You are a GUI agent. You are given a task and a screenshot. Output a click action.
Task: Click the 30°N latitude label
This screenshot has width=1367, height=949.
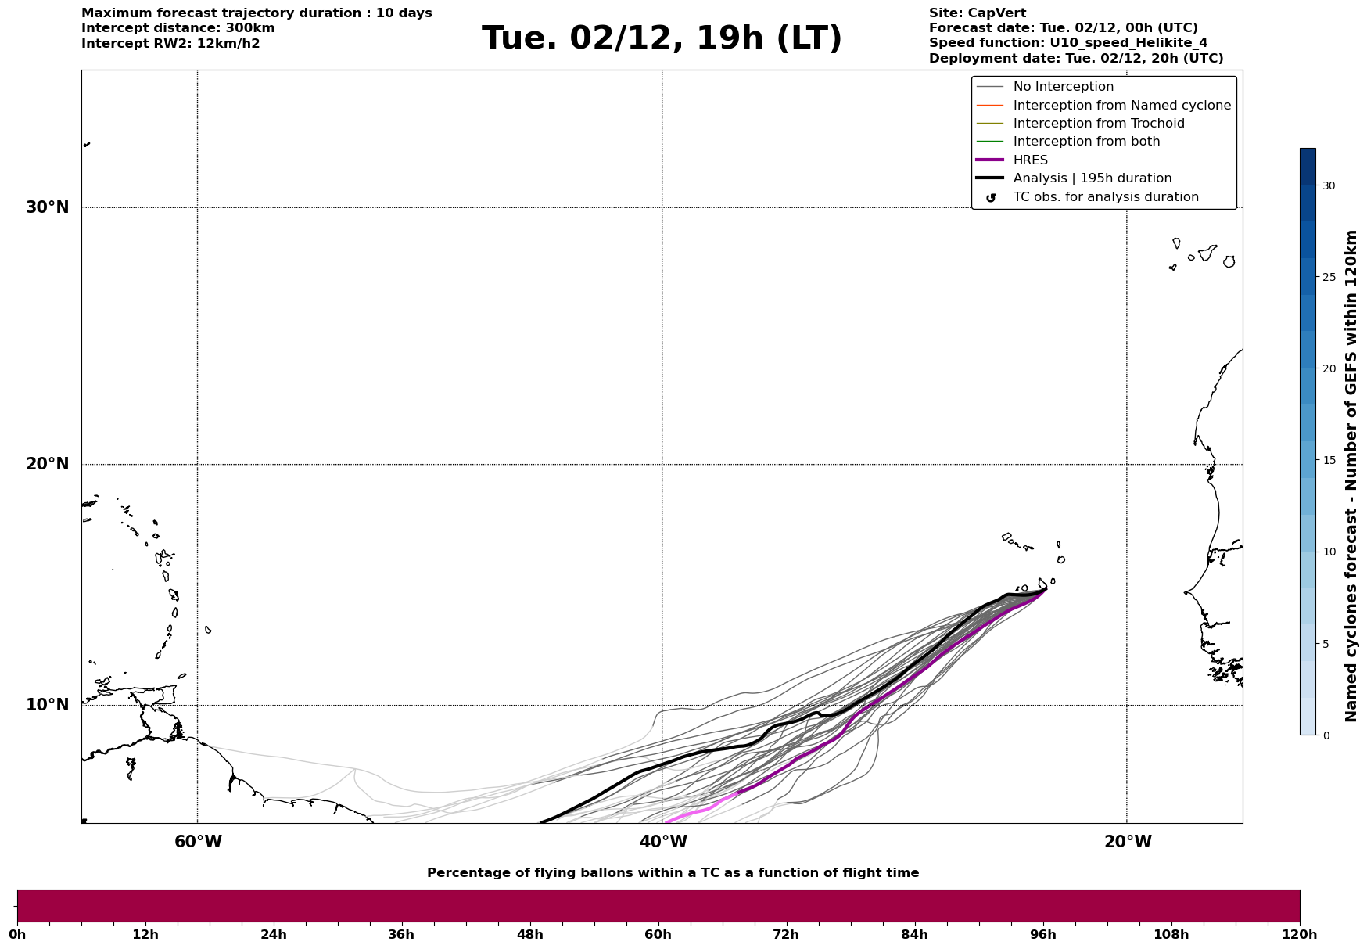[48, 207]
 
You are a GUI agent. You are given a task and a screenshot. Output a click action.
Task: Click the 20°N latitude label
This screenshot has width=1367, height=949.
[48, 464]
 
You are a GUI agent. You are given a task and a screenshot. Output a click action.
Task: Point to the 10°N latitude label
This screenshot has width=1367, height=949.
[48, 705]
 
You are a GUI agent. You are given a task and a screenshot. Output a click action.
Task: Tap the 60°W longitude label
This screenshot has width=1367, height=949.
[198, 842]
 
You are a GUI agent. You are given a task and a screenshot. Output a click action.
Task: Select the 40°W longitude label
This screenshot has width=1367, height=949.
[663, 842]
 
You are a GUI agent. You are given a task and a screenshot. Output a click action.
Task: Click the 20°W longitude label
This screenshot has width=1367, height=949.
[1128, 842]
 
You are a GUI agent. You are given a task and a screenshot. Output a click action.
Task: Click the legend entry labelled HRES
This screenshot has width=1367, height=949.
[1030, 160]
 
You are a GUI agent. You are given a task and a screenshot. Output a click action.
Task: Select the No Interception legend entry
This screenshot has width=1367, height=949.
[1063, 87]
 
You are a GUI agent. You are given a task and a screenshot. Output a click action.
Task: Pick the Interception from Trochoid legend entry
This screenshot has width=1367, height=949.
[1098, 124]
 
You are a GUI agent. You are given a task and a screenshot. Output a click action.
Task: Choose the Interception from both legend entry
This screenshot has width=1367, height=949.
[1086, 142]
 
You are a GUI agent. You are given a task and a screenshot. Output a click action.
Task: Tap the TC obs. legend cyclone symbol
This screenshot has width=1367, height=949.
[991, 198]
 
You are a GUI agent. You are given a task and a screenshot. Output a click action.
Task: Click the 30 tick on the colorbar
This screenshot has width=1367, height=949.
[1328, 185]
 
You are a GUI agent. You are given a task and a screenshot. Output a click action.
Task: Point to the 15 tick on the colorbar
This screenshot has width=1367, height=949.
[1328, 460]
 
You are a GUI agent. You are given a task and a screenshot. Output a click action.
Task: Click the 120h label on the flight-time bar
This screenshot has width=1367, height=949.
[1300, 935]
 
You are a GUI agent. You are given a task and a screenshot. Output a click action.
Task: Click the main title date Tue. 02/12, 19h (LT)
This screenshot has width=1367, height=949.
[662, 38]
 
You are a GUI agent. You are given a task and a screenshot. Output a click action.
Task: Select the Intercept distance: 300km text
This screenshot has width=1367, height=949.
[178, 28]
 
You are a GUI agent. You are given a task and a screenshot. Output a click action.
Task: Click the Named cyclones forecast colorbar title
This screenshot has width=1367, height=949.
[1351, 476]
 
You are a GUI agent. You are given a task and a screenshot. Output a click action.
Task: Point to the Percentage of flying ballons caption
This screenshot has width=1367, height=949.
[673, 873]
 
